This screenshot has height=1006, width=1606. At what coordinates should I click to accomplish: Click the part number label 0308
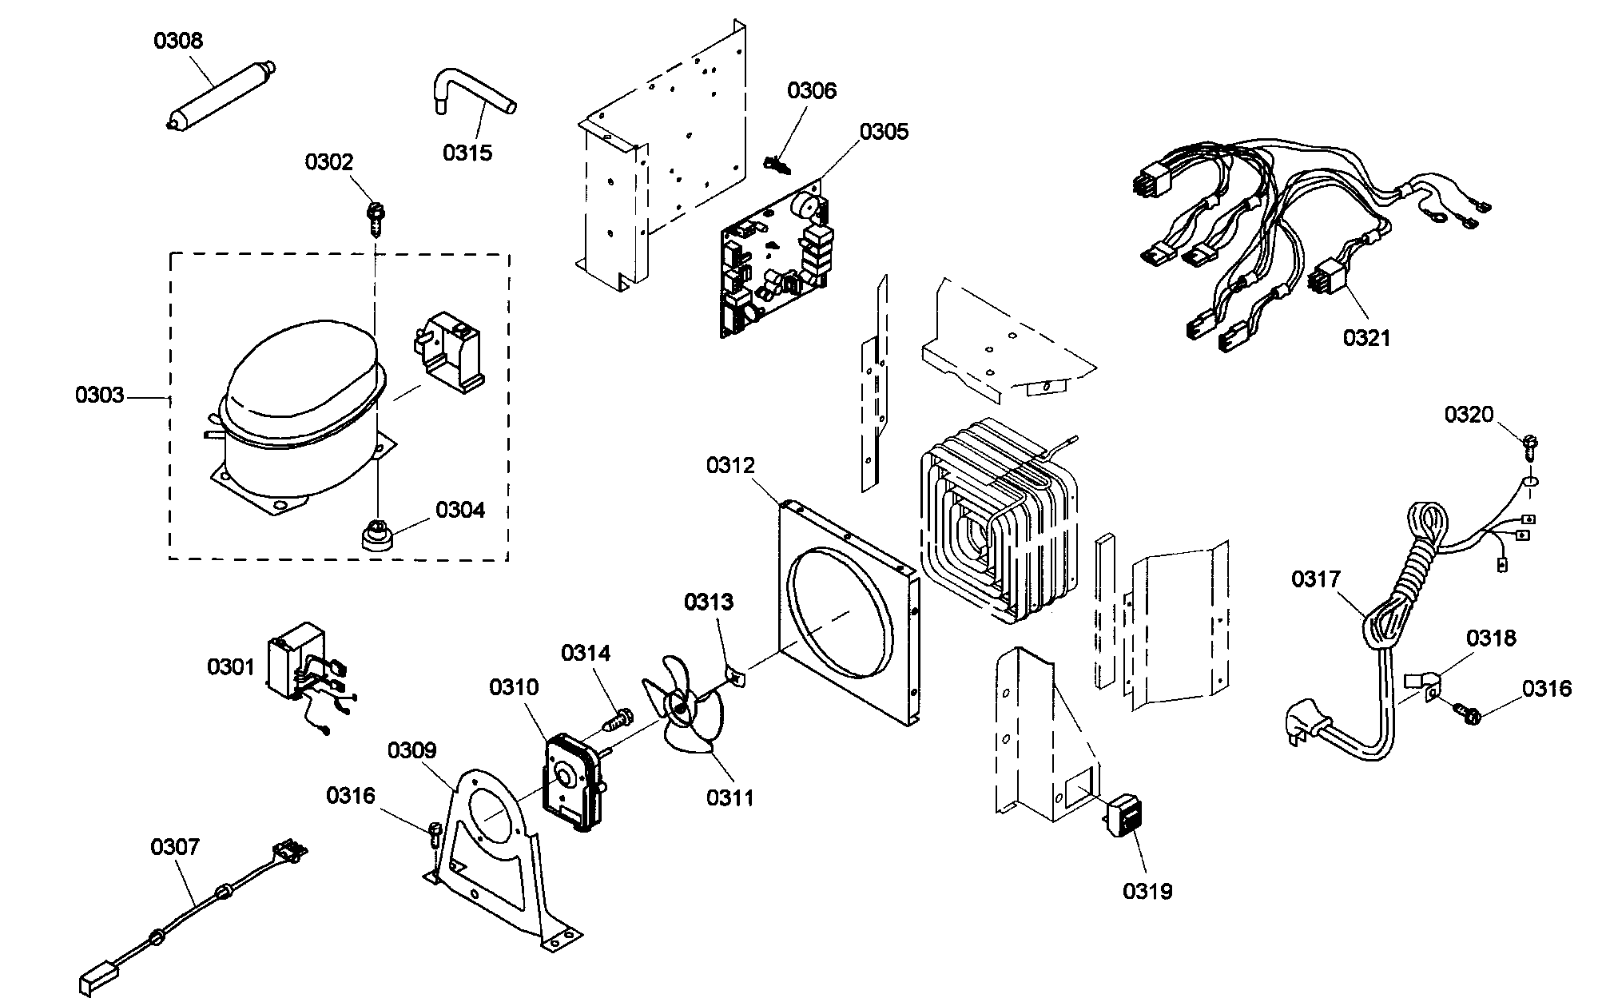tap(178, 41)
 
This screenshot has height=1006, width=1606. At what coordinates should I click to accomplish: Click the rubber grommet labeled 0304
tap(374, 535)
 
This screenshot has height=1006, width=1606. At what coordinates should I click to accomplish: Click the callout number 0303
tap(100, 396)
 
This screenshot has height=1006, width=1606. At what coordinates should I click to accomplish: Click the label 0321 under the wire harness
tap(1366, 339)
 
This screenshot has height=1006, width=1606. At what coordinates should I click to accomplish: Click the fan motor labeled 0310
tap(571, 779)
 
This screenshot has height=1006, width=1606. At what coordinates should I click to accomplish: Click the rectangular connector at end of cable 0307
tap(96, 982)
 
